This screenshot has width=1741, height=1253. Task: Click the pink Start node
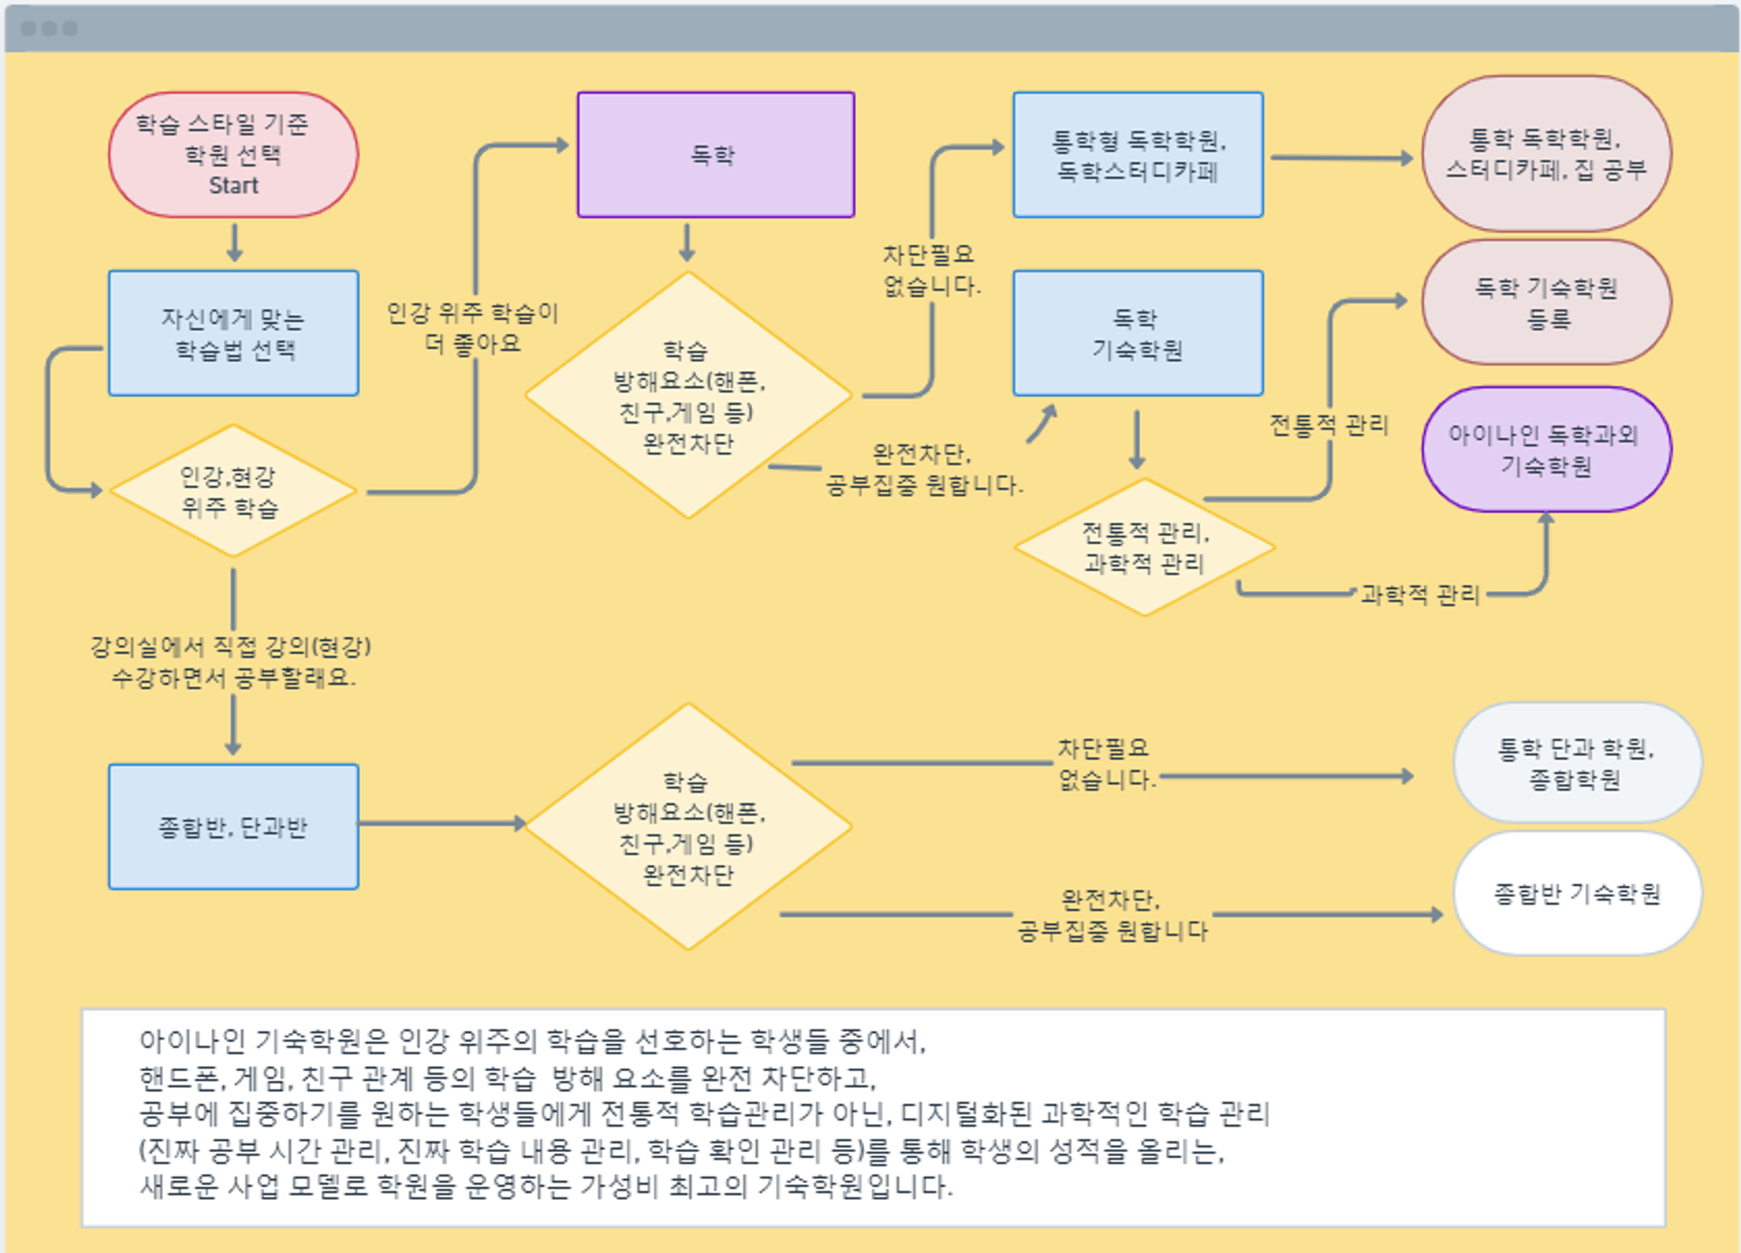pyautogui.click(x=233, y=155)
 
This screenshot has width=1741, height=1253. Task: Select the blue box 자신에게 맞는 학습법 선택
pyautogui.click(x=233, y=333)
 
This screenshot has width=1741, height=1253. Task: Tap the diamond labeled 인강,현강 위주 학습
pyautogui.click(x=232, y=492)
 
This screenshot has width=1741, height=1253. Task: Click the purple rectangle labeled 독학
pyautogui.click(x=716, y=155)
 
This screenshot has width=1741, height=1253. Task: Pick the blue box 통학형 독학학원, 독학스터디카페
pyautogui.click(x=1138, y=155)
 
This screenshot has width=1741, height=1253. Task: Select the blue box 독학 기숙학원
pyautogui.click(x=1138, y=333)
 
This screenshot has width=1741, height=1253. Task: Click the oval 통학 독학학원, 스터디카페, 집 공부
pyautogui.click(x=1546, y=154)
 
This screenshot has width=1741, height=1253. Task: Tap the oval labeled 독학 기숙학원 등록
pyautogui.click(x=1546, y=302)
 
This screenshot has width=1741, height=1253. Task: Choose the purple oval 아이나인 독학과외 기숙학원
pyautogui.click(x=1546, y=449)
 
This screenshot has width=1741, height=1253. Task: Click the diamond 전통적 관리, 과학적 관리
pyautogui.click(x=1145, y=547)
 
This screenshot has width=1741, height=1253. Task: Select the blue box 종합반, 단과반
pyautogui.click(x=233, y=827)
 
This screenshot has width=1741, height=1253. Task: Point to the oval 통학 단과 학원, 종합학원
pyautogui.click(x=1576, y=763)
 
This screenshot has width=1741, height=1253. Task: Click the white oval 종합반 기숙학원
pyautogui.click(x=1576, y=894)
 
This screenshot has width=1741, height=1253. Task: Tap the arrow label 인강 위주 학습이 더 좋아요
pyautogui.click(x=472, y=328)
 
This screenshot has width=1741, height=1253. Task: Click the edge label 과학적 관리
pyautogui.click(x=1420, y=595)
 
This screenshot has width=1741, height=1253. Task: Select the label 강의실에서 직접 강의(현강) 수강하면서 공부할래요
pyautogui.click(x=232, y=662)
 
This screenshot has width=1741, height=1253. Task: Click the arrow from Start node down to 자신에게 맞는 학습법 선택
pyautogui.click(x=234, y=243)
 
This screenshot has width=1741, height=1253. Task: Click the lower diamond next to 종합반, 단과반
pyautogui.click(x=688, y=827)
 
